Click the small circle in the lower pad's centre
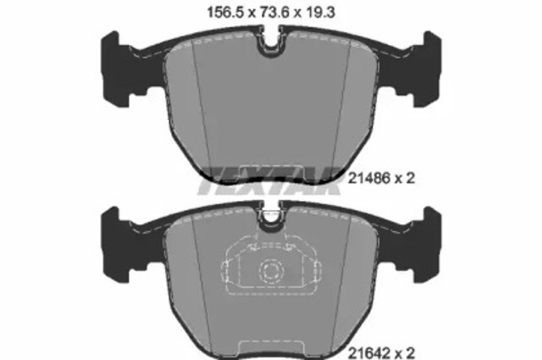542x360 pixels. (x=272, y=271)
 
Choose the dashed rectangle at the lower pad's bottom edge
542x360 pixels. (x=271, y=343)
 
